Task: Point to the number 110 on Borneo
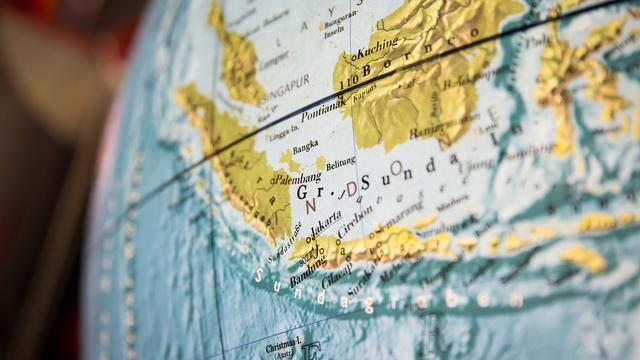point(348,81)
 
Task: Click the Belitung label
point(341,160)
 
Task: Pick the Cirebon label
point(357,221)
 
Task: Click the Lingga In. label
point(285,130)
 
